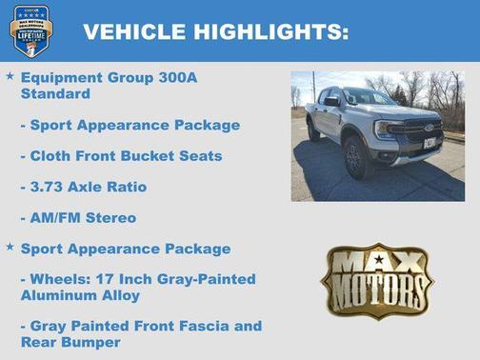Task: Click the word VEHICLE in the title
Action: click(130, 32)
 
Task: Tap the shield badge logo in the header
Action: click(30, 30)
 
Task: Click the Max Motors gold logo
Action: click(376, 280)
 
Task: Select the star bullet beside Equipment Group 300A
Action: click(10, 74)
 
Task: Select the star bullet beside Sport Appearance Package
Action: click(10, 247)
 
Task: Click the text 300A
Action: click(178, 77)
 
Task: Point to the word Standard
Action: click(55, 94)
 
